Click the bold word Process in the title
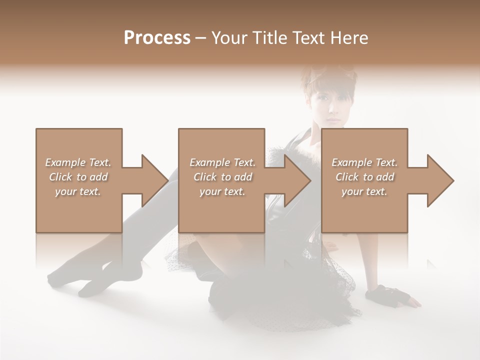[157, 38]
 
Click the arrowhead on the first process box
[150, 180]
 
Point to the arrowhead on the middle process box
[293, 180]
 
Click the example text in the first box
[78, 177]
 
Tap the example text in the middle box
[222, 177]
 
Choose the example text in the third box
[364, 177]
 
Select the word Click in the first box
[61, 177]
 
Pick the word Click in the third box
[347, 177]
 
